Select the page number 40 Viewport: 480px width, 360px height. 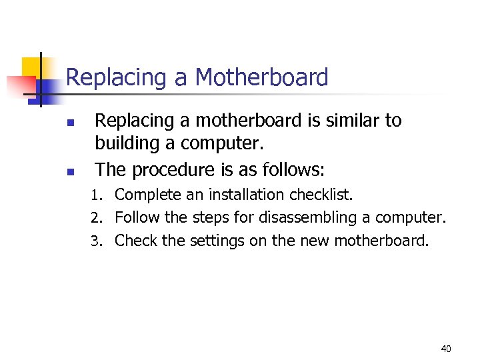[446, 349]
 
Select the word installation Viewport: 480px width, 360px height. [247, 195]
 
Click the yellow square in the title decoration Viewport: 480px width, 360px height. [32, 67]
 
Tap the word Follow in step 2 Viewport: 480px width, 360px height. [135, 217]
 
